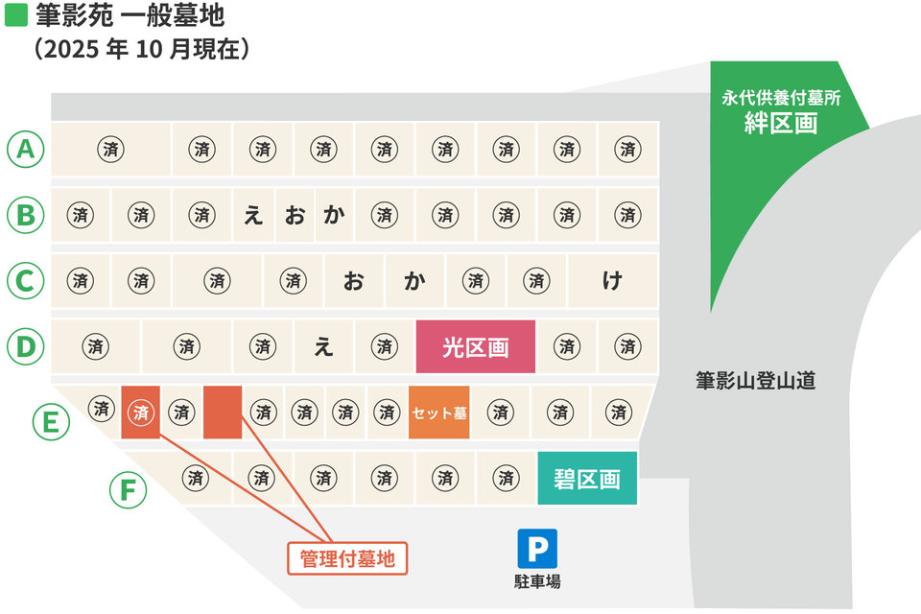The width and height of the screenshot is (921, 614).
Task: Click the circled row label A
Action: pos(26,149)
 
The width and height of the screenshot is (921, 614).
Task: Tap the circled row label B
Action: pos(26,215)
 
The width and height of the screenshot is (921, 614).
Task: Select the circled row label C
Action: pos(26,282)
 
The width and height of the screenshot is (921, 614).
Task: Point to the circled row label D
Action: pos(26,346)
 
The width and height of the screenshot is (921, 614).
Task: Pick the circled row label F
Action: pos(128,490)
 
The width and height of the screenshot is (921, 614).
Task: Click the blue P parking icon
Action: pos(536,549)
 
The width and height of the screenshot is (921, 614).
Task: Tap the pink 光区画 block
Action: pos(475,347)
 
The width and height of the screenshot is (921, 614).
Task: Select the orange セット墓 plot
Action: pos(439,413)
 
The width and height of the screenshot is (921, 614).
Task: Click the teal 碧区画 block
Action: pos(586,478)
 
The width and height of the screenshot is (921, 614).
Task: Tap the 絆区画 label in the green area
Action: pos(781,124)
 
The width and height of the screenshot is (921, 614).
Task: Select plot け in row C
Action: pos(612,281)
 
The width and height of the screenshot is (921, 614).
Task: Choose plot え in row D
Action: pos(323,346)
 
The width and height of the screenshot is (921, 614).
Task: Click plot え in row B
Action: pos(252,215)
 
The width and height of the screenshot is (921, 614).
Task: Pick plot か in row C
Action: pos(414,281)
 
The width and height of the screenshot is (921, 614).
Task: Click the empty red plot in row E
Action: pos(223,413)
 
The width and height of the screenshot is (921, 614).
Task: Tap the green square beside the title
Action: pos(16,17)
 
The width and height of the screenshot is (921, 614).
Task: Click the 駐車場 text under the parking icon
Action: pos(536,581)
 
